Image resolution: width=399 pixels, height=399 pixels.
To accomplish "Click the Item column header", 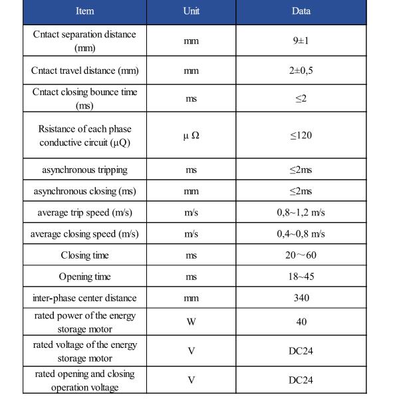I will click(84, 11).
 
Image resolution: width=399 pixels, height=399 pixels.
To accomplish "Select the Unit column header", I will click(191, 11).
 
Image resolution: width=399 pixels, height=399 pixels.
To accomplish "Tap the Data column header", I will click(301, 11).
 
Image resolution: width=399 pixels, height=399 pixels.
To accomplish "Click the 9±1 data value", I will click(301, 41).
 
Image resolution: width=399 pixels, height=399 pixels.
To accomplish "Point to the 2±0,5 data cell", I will click(301, 70).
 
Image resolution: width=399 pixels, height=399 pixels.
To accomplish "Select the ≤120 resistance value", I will click(301, 135).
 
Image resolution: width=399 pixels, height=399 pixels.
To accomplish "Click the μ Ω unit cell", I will click(191, 135).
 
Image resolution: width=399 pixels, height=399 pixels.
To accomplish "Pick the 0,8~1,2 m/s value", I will click(301, 213).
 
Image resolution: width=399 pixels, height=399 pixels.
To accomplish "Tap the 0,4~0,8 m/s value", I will click(301, 234).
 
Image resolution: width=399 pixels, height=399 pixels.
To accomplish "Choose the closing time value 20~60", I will click(301, 255).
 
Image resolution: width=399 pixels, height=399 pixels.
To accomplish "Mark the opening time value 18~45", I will click(301, 277).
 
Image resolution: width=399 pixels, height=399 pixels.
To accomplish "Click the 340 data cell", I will click(301, 298).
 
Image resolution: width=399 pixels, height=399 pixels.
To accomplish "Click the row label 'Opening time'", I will click(84, 277).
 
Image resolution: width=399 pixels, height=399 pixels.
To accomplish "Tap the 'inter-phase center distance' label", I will click(84, 298).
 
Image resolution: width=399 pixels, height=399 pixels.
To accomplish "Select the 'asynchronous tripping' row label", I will click(84, 170).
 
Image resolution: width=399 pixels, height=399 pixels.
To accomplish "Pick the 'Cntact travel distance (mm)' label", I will click(84, 70).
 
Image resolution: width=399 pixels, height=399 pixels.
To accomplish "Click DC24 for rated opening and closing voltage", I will click(301, 380).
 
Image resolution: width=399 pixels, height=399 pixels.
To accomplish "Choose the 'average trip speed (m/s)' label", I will click(84, 213).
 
